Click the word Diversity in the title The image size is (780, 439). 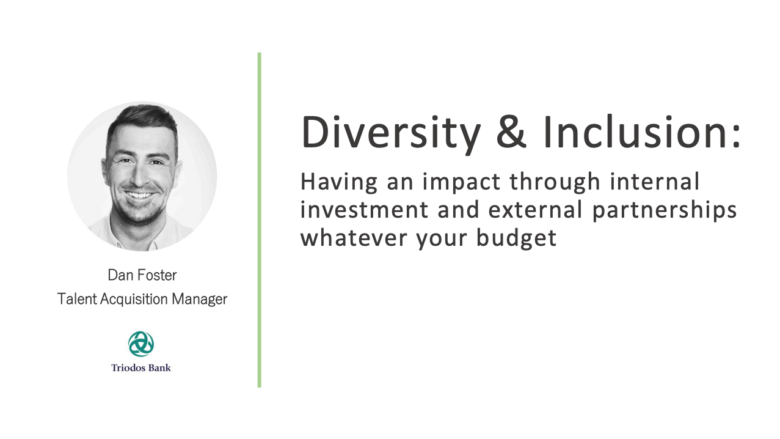391,133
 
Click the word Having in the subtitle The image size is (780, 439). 339,183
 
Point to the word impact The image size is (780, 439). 461,183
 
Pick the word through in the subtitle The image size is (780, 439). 555,183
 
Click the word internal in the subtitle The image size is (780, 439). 655,182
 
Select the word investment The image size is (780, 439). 364,210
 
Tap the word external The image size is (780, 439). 536,210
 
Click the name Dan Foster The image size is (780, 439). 142,275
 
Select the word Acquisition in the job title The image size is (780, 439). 134,300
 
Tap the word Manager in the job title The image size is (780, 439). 200,300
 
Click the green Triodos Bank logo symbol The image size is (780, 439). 141,344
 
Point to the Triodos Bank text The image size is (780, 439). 141,368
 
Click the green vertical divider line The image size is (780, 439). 260,220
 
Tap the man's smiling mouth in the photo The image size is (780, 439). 139,194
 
